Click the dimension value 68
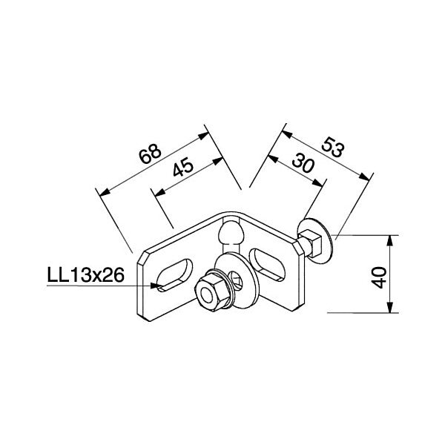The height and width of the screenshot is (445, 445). pos(151,154)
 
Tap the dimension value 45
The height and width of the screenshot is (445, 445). pos(183,167)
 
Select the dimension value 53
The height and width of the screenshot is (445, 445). pos(333,147)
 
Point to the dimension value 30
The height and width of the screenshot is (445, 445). pos(303,162)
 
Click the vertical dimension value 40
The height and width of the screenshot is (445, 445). pos(379,277)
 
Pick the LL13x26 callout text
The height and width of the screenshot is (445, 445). pos(85,275)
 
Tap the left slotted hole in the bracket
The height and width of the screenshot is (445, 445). pos(174,274)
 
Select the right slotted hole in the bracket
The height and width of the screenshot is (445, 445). pos(267,264)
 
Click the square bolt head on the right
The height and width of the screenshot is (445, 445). pos(310,243)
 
